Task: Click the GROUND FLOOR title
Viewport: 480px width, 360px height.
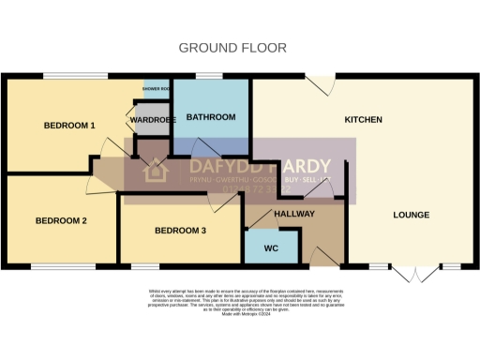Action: tap(232, 48)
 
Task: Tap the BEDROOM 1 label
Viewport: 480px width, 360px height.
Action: tap(69, 125)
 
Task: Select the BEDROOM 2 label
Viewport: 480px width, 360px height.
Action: tap(61, 220)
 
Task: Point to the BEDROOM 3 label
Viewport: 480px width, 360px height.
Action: tap(180, 230)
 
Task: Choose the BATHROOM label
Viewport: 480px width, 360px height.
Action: tap(210, 117)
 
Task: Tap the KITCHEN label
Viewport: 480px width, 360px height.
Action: tap(364, 120)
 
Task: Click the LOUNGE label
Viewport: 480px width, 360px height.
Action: tap(411, 215)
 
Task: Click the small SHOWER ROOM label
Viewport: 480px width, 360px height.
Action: tap(156, 88)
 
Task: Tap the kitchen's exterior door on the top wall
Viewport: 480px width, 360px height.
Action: tap(323, 85)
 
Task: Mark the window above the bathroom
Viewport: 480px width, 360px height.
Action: tap(209, 77)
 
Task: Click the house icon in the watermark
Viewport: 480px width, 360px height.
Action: tap(154, 172)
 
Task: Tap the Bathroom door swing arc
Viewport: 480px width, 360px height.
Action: tap(205, 147)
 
